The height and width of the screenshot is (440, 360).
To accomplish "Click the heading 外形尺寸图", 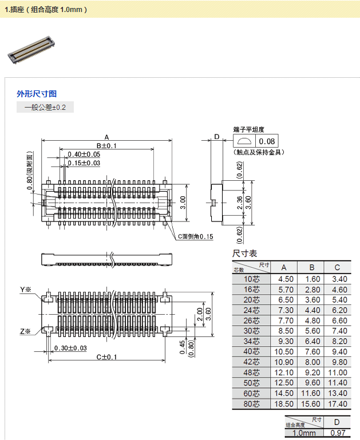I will (37, 94).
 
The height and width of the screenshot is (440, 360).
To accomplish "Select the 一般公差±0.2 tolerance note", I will (45, 108).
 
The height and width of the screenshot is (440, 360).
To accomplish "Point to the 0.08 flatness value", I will (267, 141).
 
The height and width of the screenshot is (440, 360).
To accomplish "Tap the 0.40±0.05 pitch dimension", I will (84, 154).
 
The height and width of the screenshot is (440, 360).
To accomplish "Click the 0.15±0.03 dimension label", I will (84, 163).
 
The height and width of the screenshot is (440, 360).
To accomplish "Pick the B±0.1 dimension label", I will (106, 145).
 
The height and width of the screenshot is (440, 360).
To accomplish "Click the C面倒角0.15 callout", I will (195, 236).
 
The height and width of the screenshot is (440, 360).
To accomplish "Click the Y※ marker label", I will (25, 290).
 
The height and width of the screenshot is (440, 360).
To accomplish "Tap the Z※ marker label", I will (25, 331).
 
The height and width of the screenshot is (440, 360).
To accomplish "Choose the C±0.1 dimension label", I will (106, 357).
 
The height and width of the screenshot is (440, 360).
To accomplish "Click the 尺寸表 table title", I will (244, 253).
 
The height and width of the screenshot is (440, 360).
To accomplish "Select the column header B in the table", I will (311, 267).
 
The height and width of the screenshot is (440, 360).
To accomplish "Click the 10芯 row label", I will (252, 279).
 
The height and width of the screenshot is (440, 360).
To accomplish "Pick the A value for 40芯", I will (286, 352).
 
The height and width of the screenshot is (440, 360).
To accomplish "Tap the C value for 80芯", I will (337, 404).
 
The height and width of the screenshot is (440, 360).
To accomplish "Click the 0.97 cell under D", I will (337, 433).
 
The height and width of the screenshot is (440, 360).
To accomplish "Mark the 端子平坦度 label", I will (248, 130).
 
